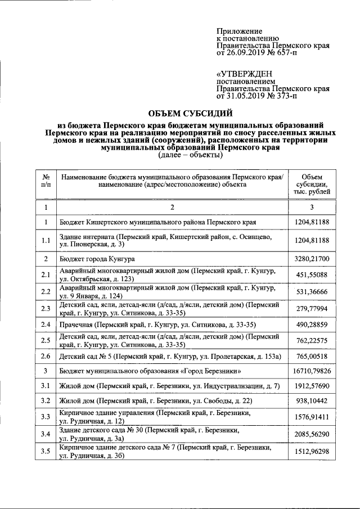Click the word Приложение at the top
point(240,30)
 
